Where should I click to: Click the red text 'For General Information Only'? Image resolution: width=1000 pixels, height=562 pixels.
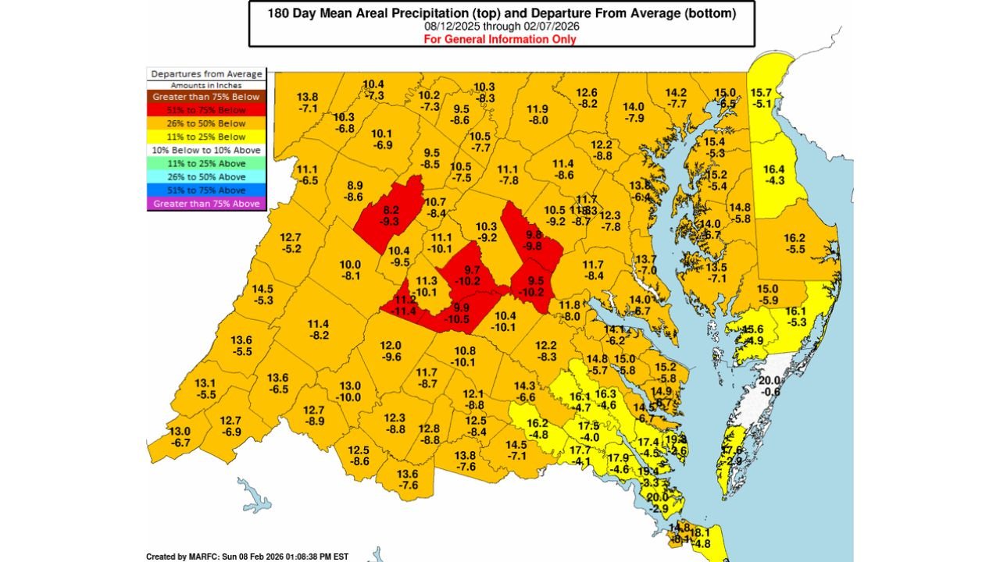tap(500, 39)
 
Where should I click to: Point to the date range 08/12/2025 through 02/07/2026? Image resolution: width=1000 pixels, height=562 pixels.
tap(500, 27)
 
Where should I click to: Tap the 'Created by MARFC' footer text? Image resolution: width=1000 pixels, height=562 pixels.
tap(247, 557)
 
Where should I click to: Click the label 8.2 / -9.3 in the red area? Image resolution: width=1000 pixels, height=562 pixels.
tap(391, 216)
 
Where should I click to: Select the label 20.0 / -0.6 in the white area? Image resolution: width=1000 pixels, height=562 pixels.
tap(770, 386)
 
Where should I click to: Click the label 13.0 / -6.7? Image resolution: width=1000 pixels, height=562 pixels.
tap(180, 437)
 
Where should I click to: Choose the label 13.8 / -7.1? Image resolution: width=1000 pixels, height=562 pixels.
tap(307, 102)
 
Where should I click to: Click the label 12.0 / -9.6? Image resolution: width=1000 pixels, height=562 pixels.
tap(391, 351)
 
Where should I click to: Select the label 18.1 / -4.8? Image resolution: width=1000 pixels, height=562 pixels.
tap(701, 538)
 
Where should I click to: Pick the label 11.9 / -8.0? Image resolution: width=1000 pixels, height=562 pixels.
tap(537, 115)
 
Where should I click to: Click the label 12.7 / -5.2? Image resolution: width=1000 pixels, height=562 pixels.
tap(291, 243)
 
